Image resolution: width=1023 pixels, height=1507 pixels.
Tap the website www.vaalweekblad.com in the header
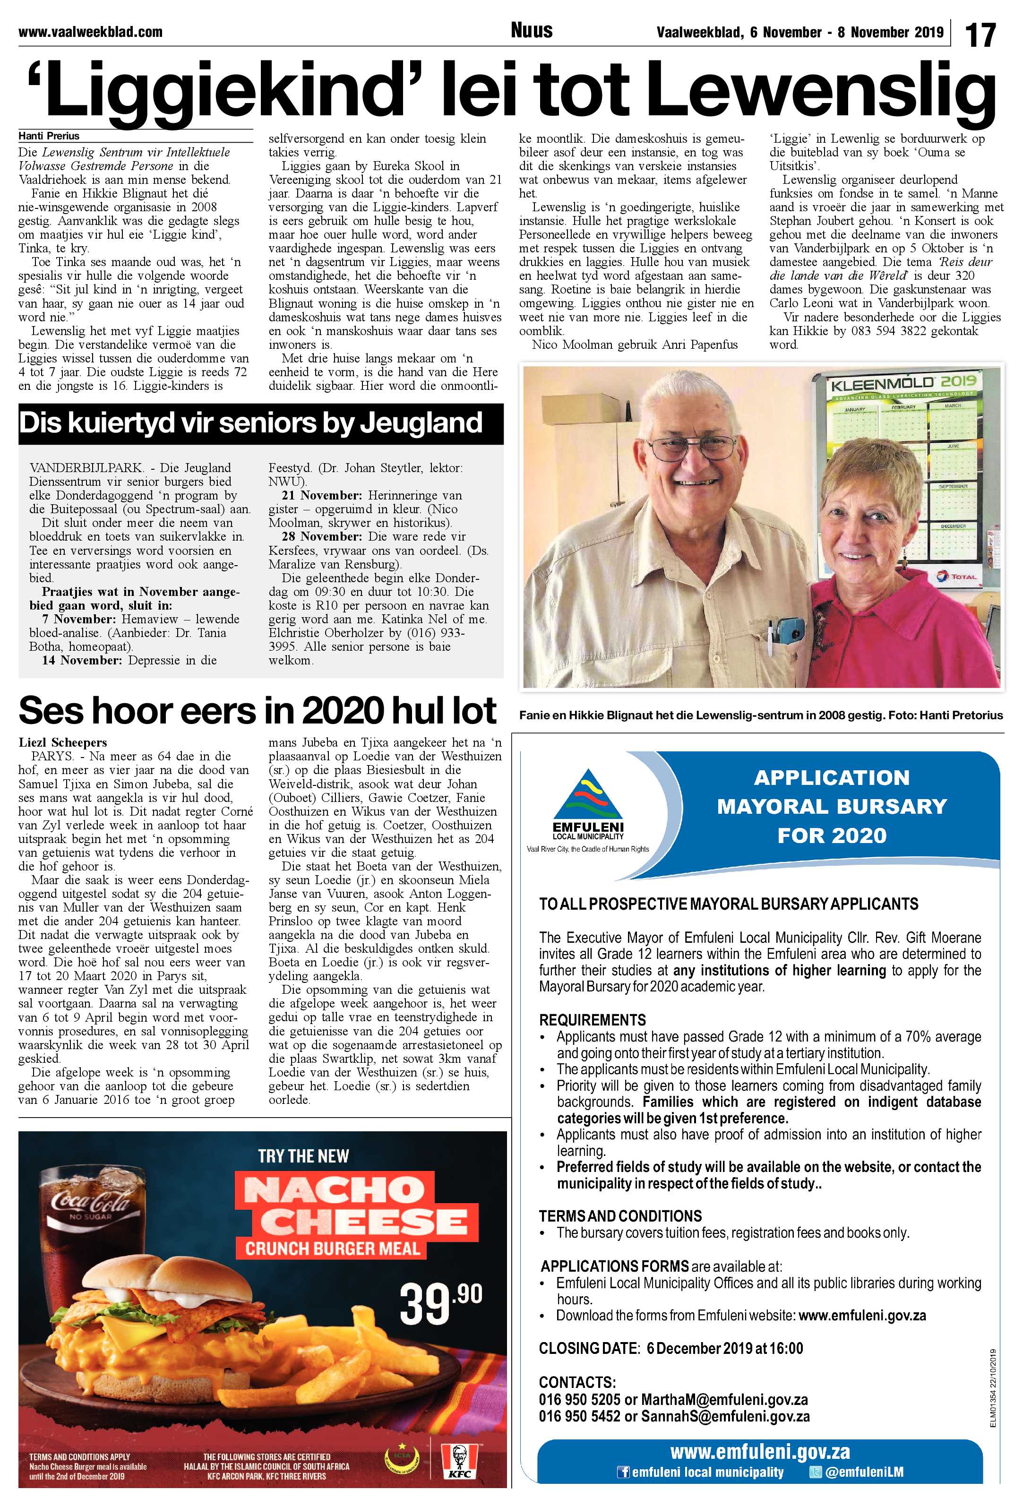point(90,32)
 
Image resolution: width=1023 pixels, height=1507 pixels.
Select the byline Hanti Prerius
point(49,136)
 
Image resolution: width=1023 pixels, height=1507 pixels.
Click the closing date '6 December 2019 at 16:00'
point(724,1348)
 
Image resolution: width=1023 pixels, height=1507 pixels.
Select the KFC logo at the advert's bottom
point(459,1462)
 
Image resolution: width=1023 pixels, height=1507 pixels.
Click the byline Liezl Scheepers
point(63,742)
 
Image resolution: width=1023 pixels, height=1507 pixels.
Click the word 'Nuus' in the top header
point(532,30)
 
